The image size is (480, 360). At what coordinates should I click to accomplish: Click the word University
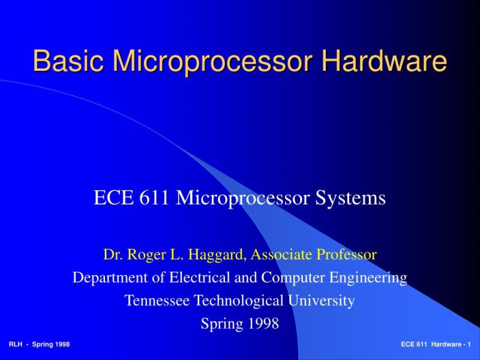pos(323,301)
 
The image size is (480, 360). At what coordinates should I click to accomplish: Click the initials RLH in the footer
pos(16,344)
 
